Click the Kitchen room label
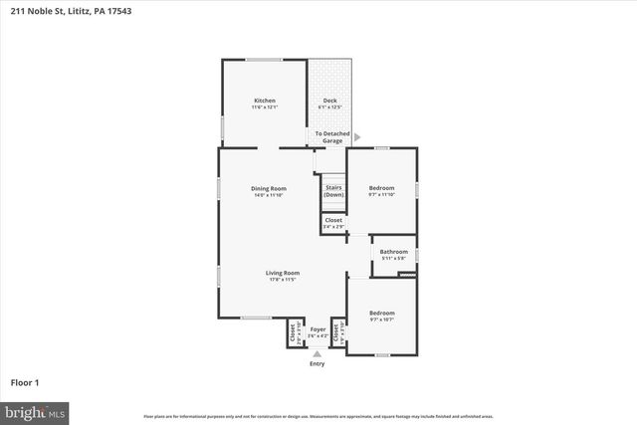pos(264,101)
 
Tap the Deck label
pos(329,101)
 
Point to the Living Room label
pos(283,273)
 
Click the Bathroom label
pos(393,252)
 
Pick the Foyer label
pos(318,329)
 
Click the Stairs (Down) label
pos(333,190)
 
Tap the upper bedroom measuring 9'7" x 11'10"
pos(381,188)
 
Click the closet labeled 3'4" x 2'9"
pos(332,223)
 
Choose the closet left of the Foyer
pos(293,335)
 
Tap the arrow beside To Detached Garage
pos(357,137)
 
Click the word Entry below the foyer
pos(318,364)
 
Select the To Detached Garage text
pos(329,137)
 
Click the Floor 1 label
pos(25,382)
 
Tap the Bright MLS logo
pos(35,410)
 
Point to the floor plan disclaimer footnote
pos(318,415)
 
